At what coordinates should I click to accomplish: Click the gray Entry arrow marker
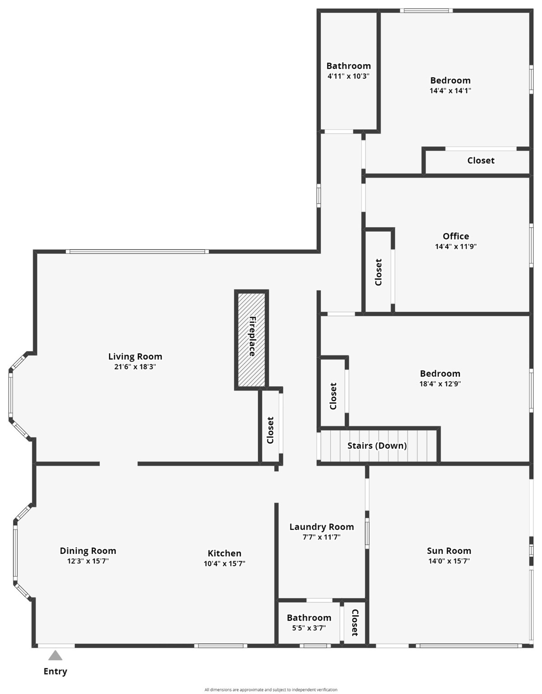(x=55, y=656)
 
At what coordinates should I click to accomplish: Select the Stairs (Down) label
(x=377, y=446)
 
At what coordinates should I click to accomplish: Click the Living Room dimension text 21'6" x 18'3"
(x=135, y=367)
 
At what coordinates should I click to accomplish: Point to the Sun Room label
(x=449, y=551)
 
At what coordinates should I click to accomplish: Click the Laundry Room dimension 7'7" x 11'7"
(x=321, y=537)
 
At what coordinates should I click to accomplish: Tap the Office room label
(x=456, y=236)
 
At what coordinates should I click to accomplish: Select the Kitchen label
(x=224, y=553)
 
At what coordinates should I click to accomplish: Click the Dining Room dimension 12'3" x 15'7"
(x=88, y=561)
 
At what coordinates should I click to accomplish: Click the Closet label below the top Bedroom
(x=481, y=161)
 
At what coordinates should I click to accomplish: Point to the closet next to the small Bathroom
(x=355, y=623)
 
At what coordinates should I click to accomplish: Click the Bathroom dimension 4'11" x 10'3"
(x=348, y=76)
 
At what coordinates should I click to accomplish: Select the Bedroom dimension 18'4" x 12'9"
(x=440, y=384)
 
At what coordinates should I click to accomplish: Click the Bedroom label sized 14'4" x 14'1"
(x=450, y=80)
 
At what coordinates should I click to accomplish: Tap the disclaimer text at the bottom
(x=271, y=689)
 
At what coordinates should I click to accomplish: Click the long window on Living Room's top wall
(x=137, y=251)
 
